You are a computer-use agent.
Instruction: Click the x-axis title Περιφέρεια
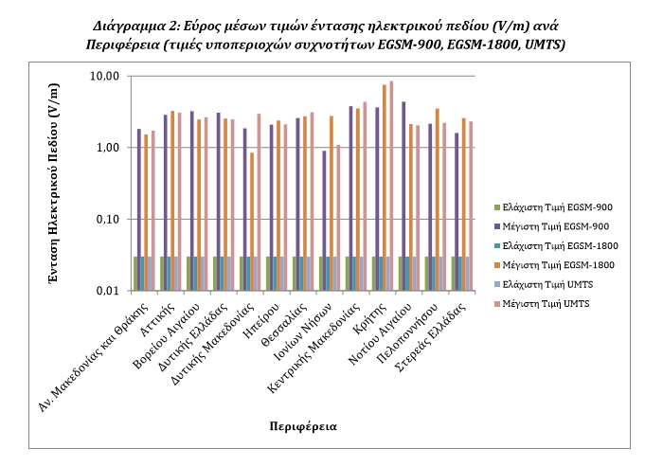301,425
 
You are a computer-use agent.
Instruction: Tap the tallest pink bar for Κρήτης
390,186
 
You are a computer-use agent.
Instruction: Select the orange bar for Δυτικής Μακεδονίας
252,221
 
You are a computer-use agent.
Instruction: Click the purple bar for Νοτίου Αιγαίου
403,195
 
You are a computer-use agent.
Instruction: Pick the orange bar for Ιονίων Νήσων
331,203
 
